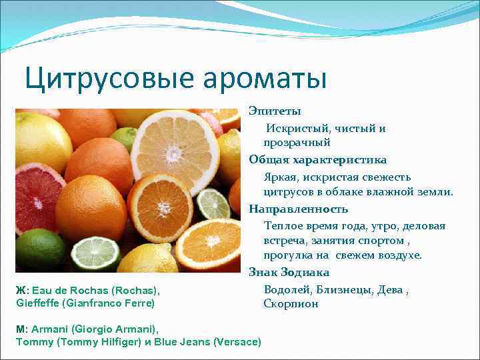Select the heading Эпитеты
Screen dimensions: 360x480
coord(275,111)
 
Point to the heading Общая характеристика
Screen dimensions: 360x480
coord(317,160)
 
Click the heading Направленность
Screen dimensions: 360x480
coord(299,209)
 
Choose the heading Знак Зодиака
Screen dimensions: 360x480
coord(289,272)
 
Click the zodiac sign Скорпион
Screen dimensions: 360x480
coord(291,304)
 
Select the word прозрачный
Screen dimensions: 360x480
coord(297,143)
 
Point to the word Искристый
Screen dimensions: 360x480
coord(295,128)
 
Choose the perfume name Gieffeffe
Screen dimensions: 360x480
coord(39,303)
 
